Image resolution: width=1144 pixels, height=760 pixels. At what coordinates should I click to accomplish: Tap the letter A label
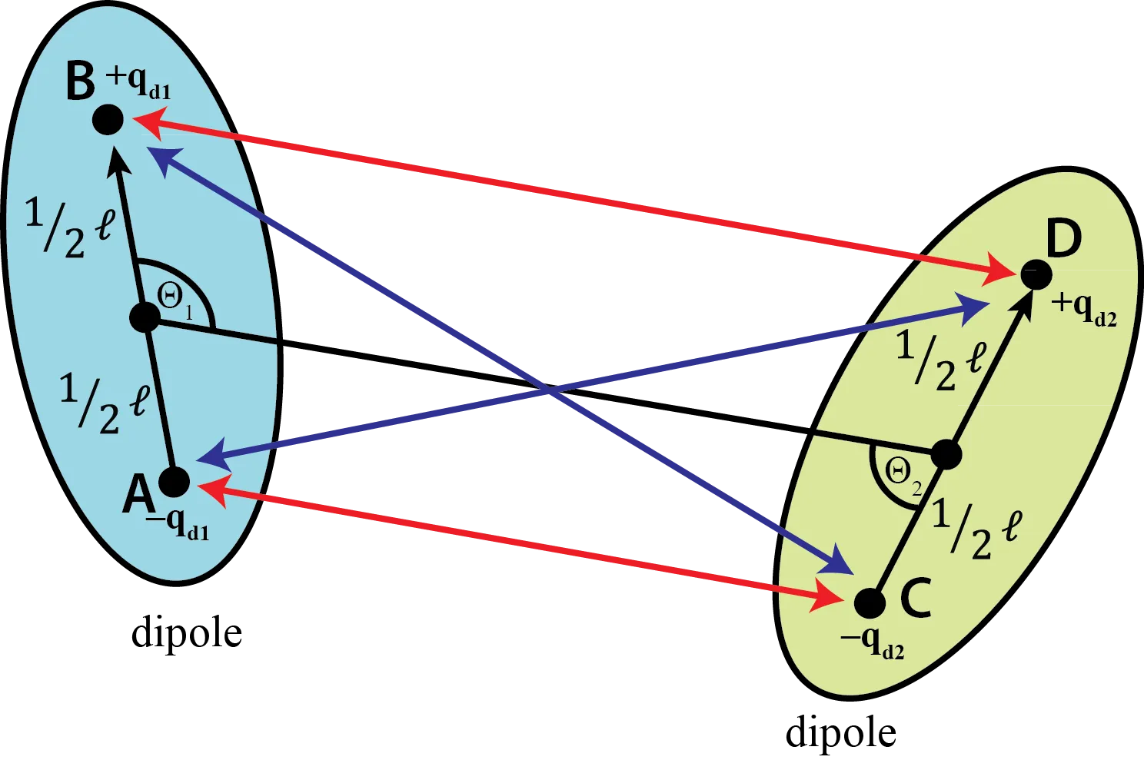[139, 493]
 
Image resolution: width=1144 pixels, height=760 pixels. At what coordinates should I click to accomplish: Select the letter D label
[1063, 238]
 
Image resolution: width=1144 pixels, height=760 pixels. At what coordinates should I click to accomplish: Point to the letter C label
[915, 598]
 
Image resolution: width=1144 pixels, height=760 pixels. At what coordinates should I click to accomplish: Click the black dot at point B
[108, 120]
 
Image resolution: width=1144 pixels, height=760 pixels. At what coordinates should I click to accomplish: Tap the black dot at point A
[175, 482]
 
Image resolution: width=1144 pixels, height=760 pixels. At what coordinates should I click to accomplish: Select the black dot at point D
[1036, 274]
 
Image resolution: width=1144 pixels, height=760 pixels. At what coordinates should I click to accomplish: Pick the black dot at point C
[870, 602]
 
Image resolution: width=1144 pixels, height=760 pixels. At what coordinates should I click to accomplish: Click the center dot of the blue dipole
[145, 317]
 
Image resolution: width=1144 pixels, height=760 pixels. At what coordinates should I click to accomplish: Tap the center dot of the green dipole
[946, 453]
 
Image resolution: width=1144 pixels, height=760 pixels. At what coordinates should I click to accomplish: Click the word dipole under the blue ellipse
[187, 634]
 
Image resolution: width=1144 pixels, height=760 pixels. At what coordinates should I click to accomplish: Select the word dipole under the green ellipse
[840, 734]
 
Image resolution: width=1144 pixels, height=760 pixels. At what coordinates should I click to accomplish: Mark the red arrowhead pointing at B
[148, 121]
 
